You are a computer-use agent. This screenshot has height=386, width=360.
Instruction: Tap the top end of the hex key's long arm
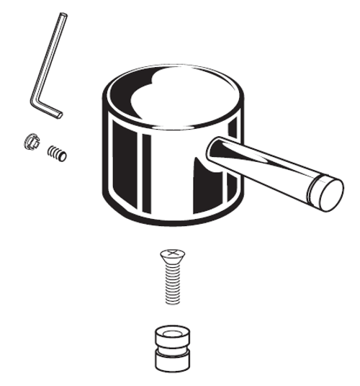63,16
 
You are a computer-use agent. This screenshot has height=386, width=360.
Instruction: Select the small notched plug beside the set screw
30,141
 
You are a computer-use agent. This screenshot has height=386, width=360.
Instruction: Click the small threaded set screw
55,152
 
